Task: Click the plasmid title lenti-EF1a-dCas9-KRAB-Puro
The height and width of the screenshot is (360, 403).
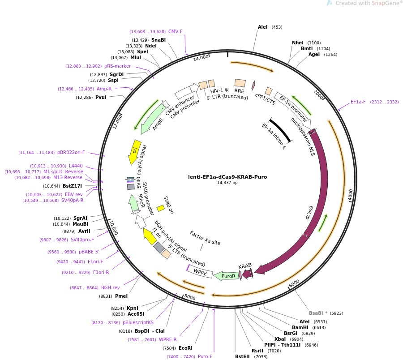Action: pos(227,176)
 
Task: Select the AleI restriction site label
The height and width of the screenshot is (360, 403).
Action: pos(262,27)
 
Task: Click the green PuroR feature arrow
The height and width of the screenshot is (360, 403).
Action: pos(226,276)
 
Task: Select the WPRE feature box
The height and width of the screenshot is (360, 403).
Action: pos(200,272)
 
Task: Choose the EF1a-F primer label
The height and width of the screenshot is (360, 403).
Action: pos(358,102)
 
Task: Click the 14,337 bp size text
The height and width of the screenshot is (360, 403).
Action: pos(227,183)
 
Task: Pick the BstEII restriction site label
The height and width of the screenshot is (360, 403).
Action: pos(243,357)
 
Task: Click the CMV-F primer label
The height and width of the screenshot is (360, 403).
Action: pos(176,32)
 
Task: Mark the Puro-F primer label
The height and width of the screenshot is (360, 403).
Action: pos(205,357)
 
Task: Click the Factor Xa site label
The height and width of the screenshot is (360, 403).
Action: pos(205,238)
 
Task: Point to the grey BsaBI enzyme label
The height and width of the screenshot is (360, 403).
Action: pos(318,313)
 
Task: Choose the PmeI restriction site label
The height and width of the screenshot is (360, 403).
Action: pos(121,296)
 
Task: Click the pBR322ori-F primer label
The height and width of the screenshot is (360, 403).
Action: pos(71,153)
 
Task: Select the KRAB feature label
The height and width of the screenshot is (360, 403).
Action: pos(245,266)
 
